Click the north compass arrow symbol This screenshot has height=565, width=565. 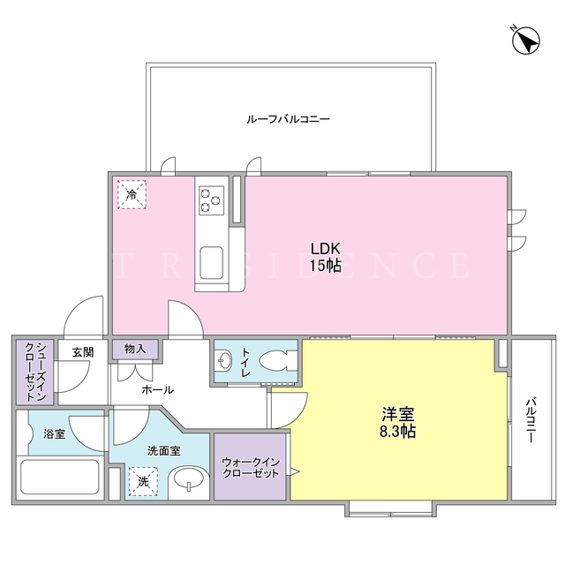click(x=526, y=41)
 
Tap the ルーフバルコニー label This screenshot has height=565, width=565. click(x=289, y=119)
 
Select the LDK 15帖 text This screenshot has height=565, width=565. click(x=326, y=257)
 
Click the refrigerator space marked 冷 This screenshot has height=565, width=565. click(x=132, y=195)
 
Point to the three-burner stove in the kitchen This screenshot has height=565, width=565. click(x=211, y=200)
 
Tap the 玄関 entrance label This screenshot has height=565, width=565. click(x=83, y=352)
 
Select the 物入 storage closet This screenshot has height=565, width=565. click(x=135, y=349)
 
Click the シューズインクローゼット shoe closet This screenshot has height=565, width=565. click(x=35, y=372)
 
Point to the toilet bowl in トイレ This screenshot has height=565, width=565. click(x=277, y=361)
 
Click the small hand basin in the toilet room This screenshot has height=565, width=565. click(x=225, y=361)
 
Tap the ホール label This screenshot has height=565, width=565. click(x=157, y=389)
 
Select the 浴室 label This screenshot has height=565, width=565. click(x=55, y=433)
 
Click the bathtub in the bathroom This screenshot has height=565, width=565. click(x=60, y=477)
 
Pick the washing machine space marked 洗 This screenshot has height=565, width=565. click(x=143, y=482)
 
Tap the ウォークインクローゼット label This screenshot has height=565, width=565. click(x=251, y=467)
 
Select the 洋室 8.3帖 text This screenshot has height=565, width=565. click(x=398, y=422)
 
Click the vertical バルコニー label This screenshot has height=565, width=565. click(x=530, y=419)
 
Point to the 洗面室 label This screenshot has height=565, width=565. click(x=164, y=451)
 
